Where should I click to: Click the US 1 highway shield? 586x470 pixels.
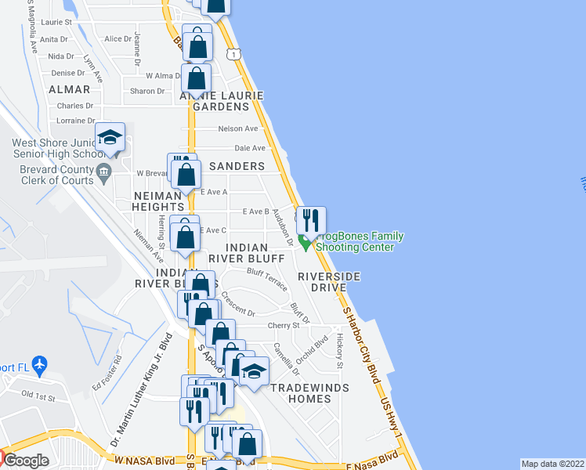tap(233, 52)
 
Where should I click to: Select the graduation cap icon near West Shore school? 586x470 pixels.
tap(110, 138)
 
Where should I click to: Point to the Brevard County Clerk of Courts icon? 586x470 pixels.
tap(103, 171)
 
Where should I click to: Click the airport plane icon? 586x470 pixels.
tap(41, 364)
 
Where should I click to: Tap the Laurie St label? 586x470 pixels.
tap(57, 23)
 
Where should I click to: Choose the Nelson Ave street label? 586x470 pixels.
tap(238, 128)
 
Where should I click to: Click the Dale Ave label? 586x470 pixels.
tap(249, 148)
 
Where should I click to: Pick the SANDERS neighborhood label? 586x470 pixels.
tap(237, 166)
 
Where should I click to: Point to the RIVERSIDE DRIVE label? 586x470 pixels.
tap(329, 282)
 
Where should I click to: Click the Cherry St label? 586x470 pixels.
tap(284, 325)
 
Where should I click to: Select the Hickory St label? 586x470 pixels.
tap(340, 350)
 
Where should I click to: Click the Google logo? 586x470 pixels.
tap(25, 461)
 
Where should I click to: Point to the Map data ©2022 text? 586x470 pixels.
tap(552, 463)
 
